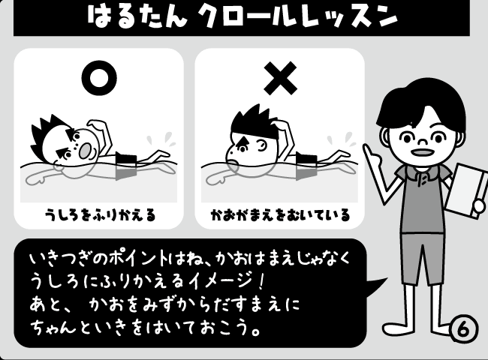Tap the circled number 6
click(x=462, y=328)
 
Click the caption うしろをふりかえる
click(x=99, y=216)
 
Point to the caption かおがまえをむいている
click(x=279, y=216)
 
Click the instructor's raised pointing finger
click(x=369, y=148)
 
